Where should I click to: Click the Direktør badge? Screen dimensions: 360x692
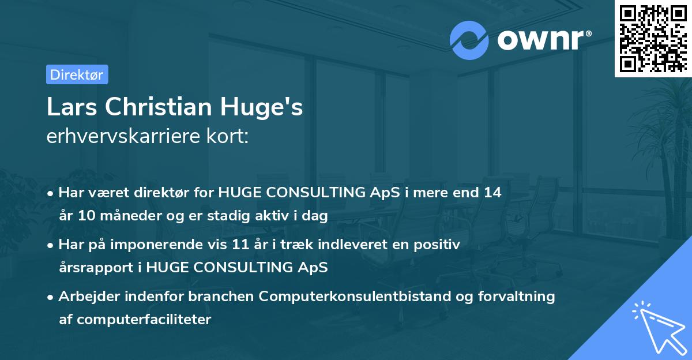(77, 74)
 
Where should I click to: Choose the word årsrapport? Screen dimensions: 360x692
(96, 268)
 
